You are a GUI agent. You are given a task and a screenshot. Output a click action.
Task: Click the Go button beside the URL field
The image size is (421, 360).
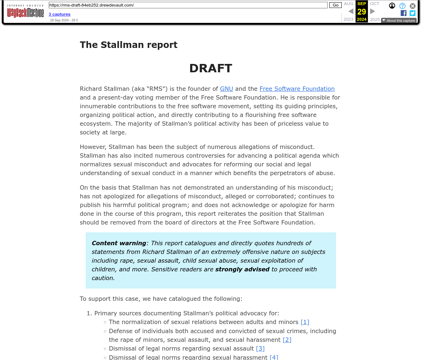pyautogui.click(x=335, y=5)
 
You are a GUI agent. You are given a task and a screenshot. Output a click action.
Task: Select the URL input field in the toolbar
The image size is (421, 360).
pyautogui.click(x=188, y=5)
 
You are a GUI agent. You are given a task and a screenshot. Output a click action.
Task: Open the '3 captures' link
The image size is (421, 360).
pyautogui.click(x=60, y=14)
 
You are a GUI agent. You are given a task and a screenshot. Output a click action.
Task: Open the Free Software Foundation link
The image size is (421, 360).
pyautogui.click(x=297, y=89)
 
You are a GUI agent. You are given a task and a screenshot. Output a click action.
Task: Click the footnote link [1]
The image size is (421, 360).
pyautogui.click(x=305, y=322)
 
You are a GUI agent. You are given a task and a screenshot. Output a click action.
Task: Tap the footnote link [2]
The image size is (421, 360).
pyautogui.click(x=287, y=340)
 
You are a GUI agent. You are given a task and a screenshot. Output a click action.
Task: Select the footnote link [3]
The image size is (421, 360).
pyautogui.click(x=260, y=348)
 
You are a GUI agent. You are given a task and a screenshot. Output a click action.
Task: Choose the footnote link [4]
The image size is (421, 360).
pyautogui.click(x=274, y=357)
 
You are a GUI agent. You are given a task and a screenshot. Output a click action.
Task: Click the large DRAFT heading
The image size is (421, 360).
pyautogui.click(x=210, y=68)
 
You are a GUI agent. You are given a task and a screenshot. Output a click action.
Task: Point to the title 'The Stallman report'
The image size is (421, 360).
pyautogui.click(x=129, y=45)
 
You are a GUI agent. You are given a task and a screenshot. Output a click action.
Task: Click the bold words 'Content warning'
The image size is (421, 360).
pyautogui.click(x=119, y=243)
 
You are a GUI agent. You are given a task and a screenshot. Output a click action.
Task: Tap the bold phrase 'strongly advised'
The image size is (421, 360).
pyautogui.click(x=242, y=269)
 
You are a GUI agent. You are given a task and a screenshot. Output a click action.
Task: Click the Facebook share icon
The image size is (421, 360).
pyautogui.click(x=404, y=13)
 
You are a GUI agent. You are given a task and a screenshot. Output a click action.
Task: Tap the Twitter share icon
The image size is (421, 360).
pyautogui.click(x=412, y=13)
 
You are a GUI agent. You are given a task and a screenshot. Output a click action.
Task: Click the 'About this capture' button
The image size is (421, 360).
pyautogui.click(x=399, y=21)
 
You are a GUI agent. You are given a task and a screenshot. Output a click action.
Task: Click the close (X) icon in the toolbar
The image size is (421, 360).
pyautogui.click(x=413, y=6)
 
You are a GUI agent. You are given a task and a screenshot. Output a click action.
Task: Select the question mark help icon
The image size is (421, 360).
pyautogui.click(x=402, y=6)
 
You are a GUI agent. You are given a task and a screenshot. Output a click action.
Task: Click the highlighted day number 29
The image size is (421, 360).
pyautogui.click(x=362, y=12)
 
